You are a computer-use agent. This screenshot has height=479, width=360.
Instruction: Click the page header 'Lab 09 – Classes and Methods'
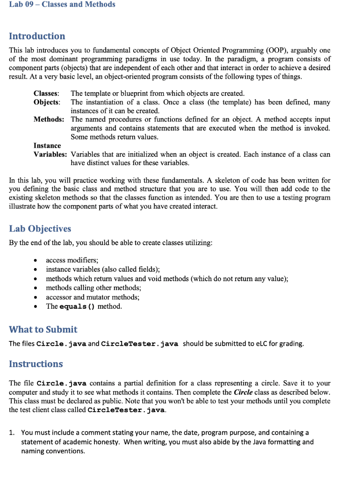[62, 5]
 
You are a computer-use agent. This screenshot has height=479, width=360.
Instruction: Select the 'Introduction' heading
[37, 36]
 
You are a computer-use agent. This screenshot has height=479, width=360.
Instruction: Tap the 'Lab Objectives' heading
[40, 229]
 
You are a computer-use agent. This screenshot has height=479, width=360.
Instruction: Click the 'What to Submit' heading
[43, 329]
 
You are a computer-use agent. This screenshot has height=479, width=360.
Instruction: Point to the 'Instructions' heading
[36, 364]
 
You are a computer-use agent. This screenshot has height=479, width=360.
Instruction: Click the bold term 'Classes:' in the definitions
[46, 94]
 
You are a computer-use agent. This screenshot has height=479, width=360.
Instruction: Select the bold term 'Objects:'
[47, 102]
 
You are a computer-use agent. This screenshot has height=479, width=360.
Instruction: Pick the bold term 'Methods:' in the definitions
[49, 119]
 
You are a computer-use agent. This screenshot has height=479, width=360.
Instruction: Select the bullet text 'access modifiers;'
[72, 260]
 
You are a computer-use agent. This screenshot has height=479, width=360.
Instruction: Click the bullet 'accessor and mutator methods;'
[93, 297]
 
